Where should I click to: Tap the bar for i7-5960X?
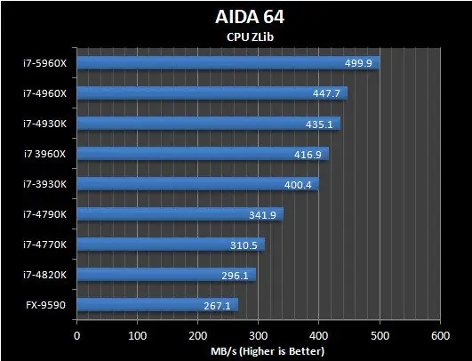pos(228,62)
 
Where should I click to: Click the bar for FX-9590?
pos(157,306)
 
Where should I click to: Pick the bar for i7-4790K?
pos(180,214)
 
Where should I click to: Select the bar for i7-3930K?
pos(197,184)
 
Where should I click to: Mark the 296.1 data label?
pos(236,276)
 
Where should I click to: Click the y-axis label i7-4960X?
pos(44,92)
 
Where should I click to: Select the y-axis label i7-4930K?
pos(44,123)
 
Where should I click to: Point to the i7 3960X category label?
pos(44,153)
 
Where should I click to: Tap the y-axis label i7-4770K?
pos(44,245)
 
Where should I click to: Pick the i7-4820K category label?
pos(44,275)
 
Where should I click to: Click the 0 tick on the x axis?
pos(77,335)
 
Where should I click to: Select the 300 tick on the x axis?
pos(259,335)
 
